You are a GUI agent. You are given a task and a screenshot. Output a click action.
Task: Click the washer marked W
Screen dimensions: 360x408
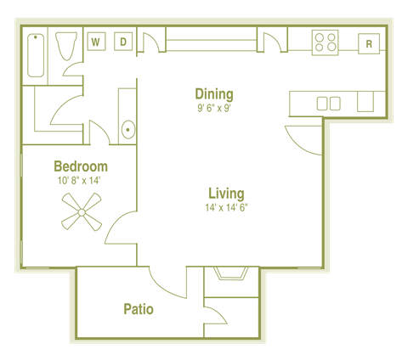pyautogui.click(x=96, y=42)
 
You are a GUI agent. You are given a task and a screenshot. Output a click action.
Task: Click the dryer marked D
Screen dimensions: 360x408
pyautogui.click(x=122, y=42)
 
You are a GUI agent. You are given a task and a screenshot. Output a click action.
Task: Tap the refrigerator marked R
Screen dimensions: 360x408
pyautogui.click(x=369, y=43)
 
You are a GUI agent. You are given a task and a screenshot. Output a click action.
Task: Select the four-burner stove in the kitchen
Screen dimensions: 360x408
pyautogui.click(x=325, y=42)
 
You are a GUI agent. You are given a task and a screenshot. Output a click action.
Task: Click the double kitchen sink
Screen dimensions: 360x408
pyautogui.click(x=328, y=104)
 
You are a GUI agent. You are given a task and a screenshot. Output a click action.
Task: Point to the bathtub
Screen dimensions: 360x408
pyautogui.click(x=37, y=57)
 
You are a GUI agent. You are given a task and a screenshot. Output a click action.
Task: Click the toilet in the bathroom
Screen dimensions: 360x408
pyautogui.click(x=65, y=46)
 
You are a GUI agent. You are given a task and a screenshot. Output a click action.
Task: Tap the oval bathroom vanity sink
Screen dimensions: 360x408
pyautogui.click(x=127, y=130)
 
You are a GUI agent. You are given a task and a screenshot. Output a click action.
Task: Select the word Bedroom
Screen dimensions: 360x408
pyautogui.click(x=80, y=166)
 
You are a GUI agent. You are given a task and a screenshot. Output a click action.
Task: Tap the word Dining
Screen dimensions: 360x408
pyautogui.click(x=213, y=93)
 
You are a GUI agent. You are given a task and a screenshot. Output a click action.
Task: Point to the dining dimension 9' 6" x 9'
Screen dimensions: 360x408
pyautogui.click(x=213, y=108)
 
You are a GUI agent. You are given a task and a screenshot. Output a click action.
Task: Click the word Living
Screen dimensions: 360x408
pyautogui.click(x=225, y=193)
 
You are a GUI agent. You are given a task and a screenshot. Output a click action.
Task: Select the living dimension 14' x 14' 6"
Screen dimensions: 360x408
pyautogui.click(x=226, y=207)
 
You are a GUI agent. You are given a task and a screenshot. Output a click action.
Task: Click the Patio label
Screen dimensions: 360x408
pyautogui.click(x=138, y=309)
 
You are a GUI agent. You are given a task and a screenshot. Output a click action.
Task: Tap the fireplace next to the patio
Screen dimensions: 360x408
pyautogui.click(x=231, y=273)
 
